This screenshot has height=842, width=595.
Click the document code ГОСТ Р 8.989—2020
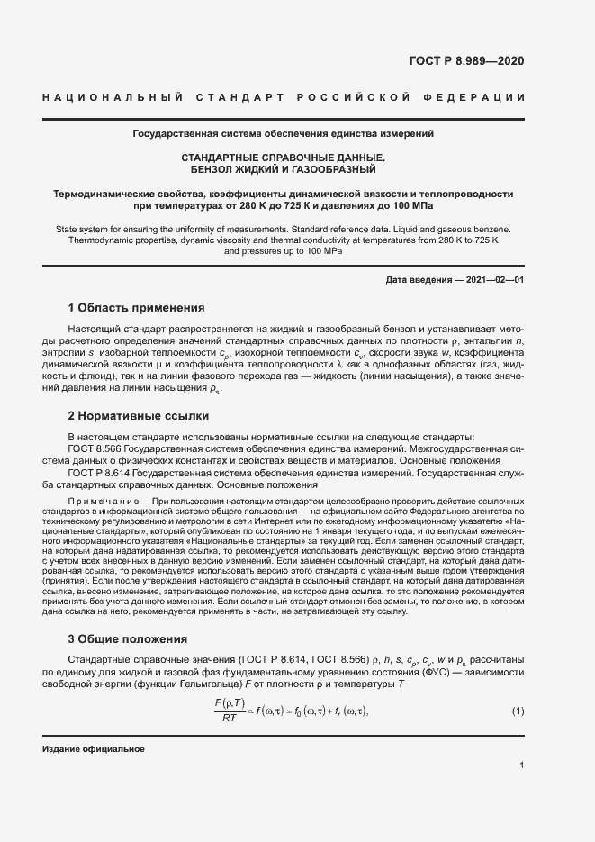click(480, 61)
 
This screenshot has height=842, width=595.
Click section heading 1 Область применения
click(137, 307)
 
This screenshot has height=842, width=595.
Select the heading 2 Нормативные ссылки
click(139, 416)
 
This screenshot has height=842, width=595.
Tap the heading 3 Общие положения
click(128, 639)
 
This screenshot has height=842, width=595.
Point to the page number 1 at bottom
click(522, 765)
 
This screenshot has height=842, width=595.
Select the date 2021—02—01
click(493, 280)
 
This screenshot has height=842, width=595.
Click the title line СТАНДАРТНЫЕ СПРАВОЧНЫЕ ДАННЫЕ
click(284, 158)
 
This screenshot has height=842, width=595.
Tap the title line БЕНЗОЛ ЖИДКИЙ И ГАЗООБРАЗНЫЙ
click(284, 169)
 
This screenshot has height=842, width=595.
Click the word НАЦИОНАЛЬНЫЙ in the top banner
click(113, 97)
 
